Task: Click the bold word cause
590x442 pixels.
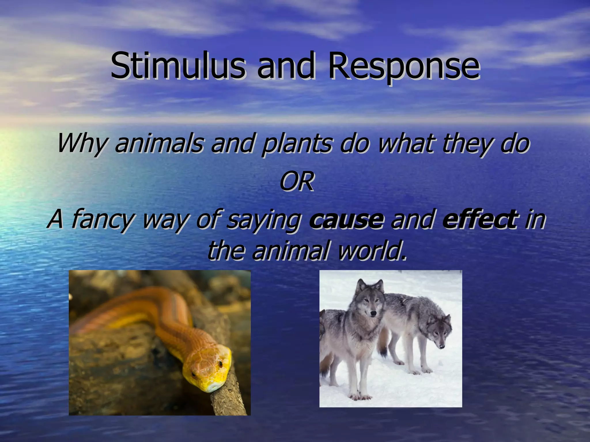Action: [x=346, y=219]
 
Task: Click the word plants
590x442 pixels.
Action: [x=297, y=144]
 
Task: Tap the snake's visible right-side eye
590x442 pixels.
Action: [x=220, y=364]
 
